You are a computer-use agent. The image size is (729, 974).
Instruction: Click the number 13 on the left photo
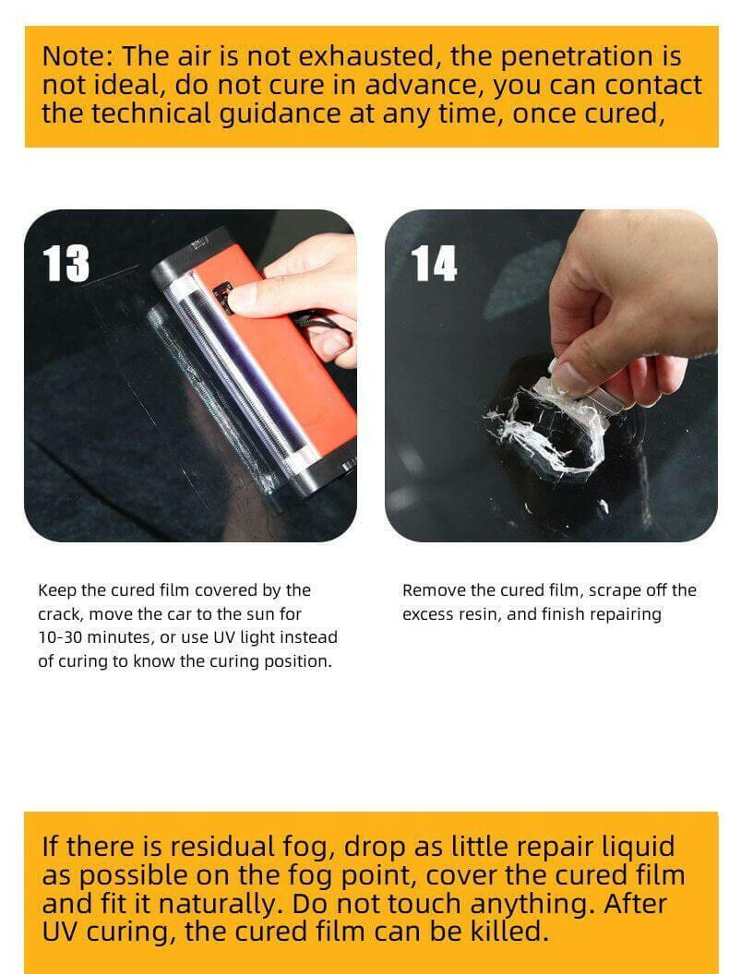click(66, 265)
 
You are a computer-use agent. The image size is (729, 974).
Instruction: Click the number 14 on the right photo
click(434, 264)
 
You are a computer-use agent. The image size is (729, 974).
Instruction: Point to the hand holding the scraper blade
click(627, 304)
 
